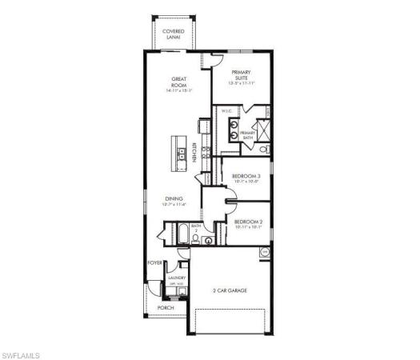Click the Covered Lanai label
[x=174, y=33]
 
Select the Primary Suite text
[x=242, y=76]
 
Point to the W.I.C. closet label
[x=226, y=113]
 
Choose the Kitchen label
[x=194, y=153]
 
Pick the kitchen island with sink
[x=178, y=151]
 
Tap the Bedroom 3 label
[x=246, y=178]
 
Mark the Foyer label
[x=154, y=262]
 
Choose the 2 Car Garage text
[x=229, y=291]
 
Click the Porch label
[x=166, y=308]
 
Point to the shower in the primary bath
[x=261, y=128]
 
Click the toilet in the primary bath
[x=265, y=148]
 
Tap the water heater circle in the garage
[x=264, y=252]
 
